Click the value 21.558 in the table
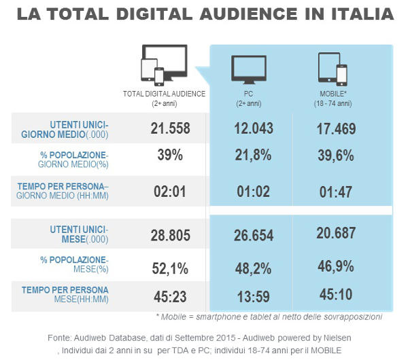pyautogui.click(x=170, y=129)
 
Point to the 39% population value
pyautogui.click(x=170, y=155)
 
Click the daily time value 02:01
pyautogui.click(x=170, y=192)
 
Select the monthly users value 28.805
pyautogui.click(x=170, y=235)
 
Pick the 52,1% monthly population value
pyautogui.click(x=170, y=269)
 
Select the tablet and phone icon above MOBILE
pyautogui.click(x=333, y=68)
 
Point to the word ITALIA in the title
pyautogui.click(x=354, y=14)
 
